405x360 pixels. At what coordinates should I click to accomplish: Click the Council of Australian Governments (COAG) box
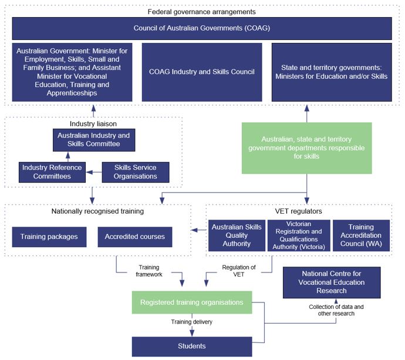tap(202, 28)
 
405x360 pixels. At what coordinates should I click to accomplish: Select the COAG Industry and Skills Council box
tap(202, 72)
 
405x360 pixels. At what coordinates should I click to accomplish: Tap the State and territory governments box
tap(332, 72)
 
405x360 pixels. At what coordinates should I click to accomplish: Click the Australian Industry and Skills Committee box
tap(94, 140)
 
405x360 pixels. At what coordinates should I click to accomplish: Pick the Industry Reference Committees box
tap(52, 172)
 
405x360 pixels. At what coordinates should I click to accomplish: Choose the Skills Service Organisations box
tap(136, 172)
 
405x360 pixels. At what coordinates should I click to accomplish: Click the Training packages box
tap(49, 237)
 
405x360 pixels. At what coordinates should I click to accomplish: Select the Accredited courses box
tap(135, 237)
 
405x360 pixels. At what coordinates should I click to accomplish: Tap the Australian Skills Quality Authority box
tap(237, 235)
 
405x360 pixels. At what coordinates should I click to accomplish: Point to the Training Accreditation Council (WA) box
tap(361, 235)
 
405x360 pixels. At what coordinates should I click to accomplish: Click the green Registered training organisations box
tap(192, 302)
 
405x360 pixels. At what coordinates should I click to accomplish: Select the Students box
tap(192, 346)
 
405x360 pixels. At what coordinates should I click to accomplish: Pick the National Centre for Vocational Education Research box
tap(332, 282)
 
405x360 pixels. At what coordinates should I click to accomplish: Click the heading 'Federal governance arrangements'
tap(202, 12)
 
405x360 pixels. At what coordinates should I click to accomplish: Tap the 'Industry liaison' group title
tap(93, 124)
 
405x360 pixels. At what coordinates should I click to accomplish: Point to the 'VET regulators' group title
tap(299, 211)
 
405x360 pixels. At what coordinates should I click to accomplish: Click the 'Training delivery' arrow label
tap(192, 322)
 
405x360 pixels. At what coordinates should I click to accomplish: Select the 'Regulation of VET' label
tap(239, 271)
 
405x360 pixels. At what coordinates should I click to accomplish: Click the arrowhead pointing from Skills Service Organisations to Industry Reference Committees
tap(89, 172)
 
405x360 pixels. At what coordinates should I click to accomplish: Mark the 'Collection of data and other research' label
tap(336, 310)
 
